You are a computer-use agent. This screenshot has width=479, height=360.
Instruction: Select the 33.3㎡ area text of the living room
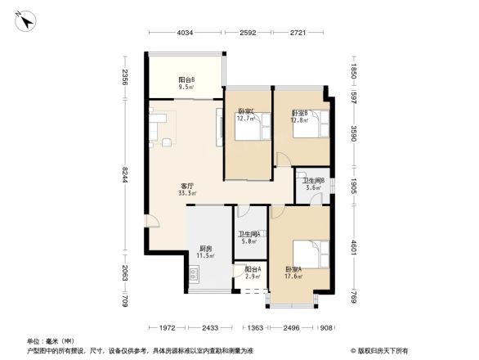point(187,193)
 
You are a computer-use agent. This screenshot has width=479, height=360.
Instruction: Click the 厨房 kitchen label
point(206,249)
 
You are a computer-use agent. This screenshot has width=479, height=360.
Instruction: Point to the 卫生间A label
point(249,234)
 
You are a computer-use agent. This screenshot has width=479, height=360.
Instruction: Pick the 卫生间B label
point(314,181)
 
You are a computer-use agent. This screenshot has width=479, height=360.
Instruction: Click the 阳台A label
point(252,269)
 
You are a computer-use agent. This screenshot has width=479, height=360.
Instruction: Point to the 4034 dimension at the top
point(185,33)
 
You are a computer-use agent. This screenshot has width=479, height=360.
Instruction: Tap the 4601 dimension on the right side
point(352,247)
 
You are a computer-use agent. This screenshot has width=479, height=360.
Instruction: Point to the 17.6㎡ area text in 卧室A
point(293,277)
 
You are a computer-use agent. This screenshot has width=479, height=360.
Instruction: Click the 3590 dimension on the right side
point(352,133)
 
